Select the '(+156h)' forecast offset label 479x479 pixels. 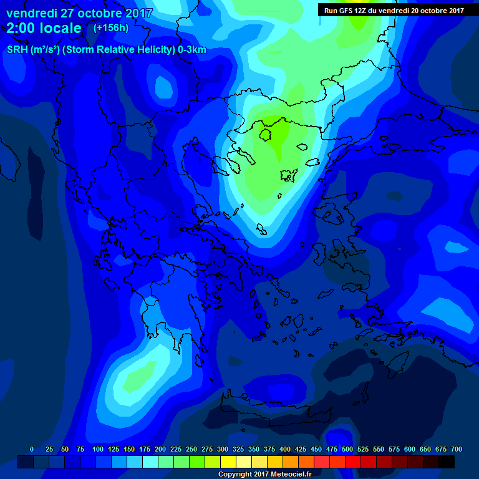click(x=112, y=27)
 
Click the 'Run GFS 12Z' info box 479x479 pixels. click(x=394, y=10)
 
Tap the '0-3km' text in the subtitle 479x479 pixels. click(x=192, y=50)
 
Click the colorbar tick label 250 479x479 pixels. click(x=191, y=449)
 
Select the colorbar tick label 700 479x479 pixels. click(x=457, y=449)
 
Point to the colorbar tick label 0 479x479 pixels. click(x=32, y=449)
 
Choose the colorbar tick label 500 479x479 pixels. click(x=347, y=449)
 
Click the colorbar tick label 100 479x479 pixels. click(x=98, y=449)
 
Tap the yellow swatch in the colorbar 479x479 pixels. click(x=228, y=462)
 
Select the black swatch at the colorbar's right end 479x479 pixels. click(x=447, y=462)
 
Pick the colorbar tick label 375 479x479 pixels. click(x=269, y=449)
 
